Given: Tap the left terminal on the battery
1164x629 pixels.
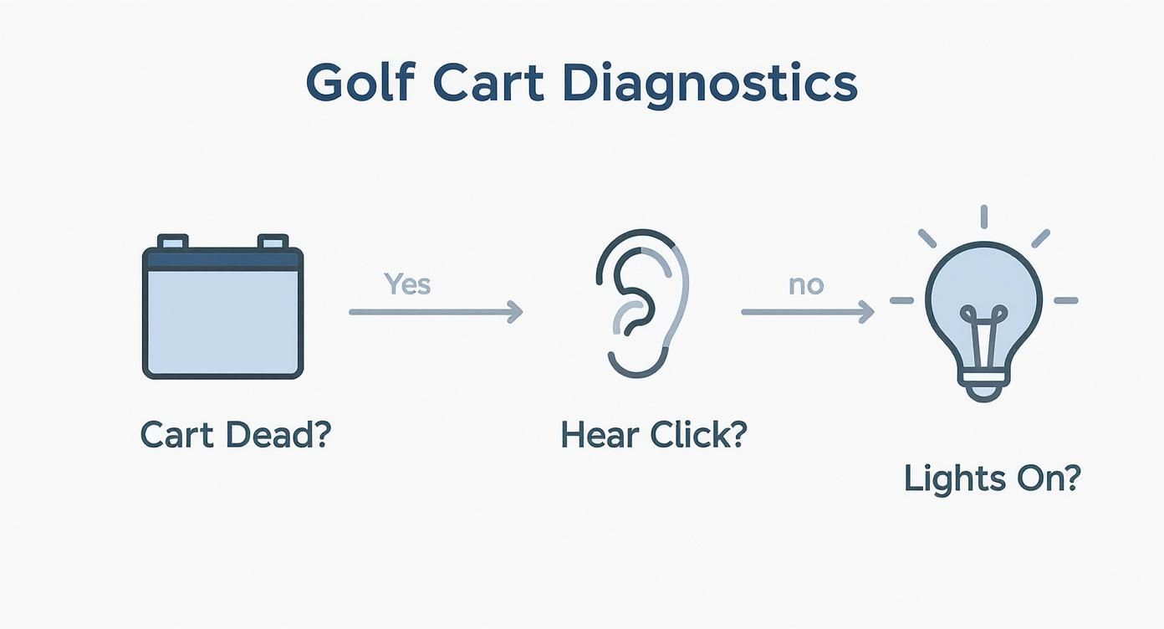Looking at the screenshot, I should pos(172,242).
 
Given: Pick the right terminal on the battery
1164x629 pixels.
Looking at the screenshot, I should pos(273,242).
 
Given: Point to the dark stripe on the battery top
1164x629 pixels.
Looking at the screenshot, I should pos(222,259).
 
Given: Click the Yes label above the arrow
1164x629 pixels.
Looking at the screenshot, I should pos(407,284).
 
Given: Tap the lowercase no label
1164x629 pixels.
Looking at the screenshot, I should pos(806,284).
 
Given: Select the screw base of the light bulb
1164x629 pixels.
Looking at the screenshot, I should pos(983,390).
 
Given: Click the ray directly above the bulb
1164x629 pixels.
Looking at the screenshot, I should pos(983,216).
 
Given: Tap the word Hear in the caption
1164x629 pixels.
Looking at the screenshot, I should pos(596,435).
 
